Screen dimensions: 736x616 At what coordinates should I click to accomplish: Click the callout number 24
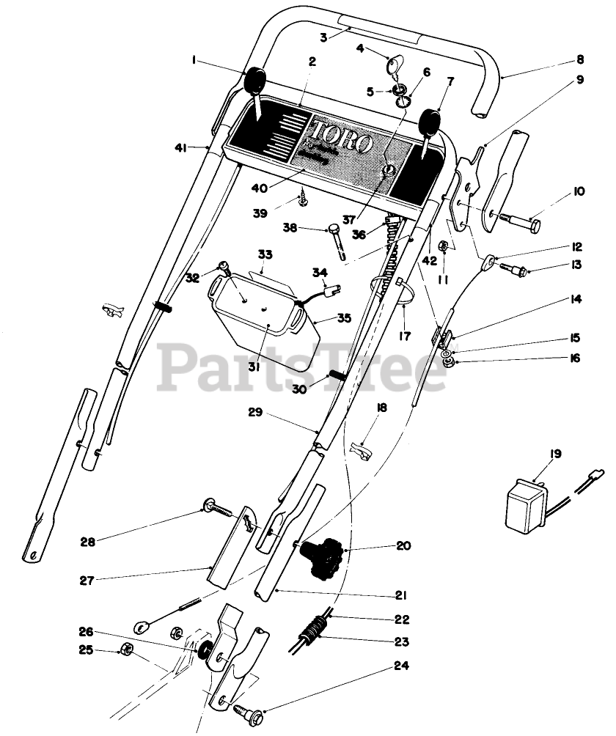[401, 666]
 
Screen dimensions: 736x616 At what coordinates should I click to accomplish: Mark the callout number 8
[580, 60]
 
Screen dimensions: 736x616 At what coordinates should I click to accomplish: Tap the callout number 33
[265, 254]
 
